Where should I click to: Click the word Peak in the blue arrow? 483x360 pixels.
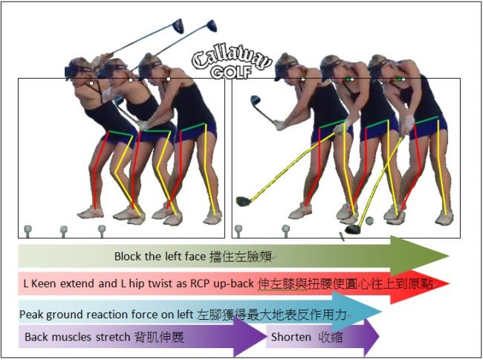(x=31, y=315)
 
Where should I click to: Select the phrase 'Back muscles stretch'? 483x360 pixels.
(x=77, y=337)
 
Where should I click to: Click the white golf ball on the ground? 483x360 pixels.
(x=369, y=221)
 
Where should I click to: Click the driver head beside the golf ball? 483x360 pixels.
(x=353, y=229)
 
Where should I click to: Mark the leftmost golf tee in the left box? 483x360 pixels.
(x=27, y=230)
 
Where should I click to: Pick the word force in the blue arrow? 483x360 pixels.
(x=132, y=315)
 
